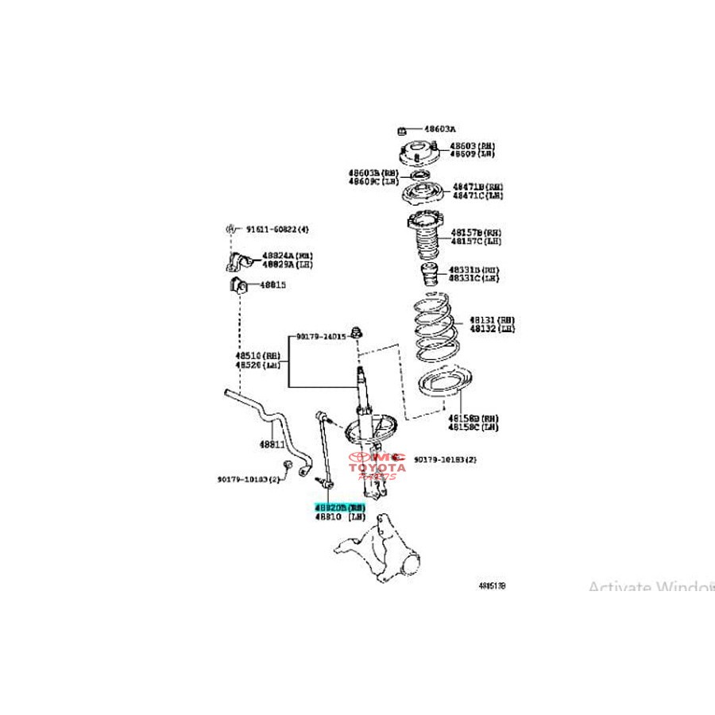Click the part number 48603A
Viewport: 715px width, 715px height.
point(439,128)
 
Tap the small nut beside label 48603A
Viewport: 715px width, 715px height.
point(403,129)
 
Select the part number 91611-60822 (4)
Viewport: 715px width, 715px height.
point(276,230)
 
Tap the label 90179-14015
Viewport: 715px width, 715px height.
point(322,336)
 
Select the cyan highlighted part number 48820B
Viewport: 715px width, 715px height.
point(338,506)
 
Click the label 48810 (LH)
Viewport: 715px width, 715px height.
point(338,516)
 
